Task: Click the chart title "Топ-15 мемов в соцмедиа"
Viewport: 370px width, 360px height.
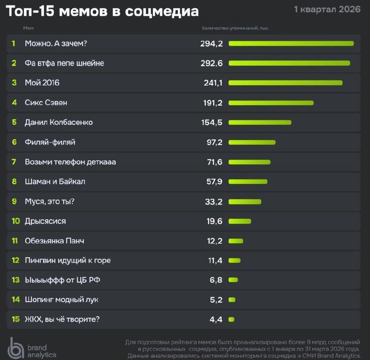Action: click(102, 11)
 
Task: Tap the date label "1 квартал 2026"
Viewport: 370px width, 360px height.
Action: click(327, 9)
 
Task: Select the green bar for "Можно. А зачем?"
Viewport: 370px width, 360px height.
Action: click(291, 43)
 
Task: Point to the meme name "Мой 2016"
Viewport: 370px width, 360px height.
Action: click(42, 83)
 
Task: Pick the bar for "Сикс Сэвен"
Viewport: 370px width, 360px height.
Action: click(271, 103)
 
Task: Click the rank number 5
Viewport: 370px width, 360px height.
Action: click(14, 123)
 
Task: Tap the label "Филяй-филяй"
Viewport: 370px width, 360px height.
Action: click(50, 142)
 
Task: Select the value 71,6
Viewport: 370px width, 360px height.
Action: click(214, 162)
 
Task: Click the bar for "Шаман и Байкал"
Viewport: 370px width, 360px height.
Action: click(248, 181)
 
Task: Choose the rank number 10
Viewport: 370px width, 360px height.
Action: click(16, 221)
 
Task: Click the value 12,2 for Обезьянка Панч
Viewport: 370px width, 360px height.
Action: click(214, 241)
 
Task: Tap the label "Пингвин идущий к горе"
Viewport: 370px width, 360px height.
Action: click(68, 261)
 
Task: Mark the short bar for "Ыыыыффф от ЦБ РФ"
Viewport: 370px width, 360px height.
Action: click(233, 280)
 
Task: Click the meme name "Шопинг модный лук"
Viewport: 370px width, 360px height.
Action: click(62, 300)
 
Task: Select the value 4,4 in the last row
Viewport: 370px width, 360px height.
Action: click(216, 319)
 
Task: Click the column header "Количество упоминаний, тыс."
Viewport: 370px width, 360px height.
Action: click(235, 28)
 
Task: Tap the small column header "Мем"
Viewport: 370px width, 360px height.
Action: click(28, 28)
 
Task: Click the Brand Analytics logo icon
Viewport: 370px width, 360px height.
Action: click(17, 348)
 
